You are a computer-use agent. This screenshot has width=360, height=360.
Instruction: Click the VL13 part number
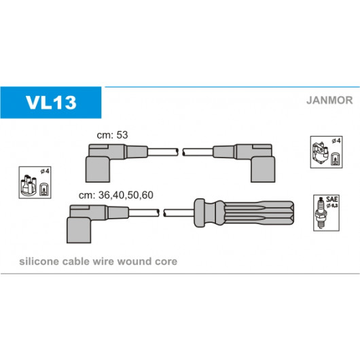pyautogui.click(x=51, y=102)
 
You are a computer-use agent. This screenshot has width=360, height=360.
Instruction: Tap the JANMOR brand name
pyautogui.click(x=329, y=101)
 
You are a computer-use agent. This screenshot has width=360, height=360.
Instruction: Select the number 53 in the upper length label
pyautogui.click(x=122, y=135)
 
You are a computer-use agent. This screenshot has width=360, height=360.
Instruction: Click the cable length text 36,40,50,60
pyautogui.click(x=126, y=195)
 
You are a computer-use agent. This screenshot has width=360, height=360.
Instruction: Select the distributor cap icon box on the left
pyautogui.click(x=35, y=183)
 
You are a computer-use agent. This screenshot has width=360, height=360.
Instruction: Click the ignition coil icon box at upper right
pyautogui.click(x=326, y=152)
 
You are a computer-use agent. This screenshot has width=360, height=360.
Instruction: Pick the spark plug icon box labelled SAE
pyautogui.click(x=326, y=213)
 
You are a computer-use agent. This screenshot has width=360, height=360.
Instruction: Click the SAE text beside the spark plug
pyautogui.click(x=331, y=200)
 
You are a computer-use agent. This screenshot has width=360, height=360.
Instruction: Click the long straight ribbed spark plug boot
pyautogui.click(x=244, y=213)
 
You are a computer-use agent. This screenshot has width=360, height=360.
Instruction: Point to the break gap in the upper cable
pyautogui.click(x=180, y=152)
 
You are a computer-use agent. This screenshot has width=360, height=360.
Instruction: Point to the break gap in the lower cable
pyautogui.click(x=161, y=213)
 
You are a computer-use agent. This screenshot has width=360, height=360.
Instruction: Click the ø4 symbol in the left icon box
pyautogui.click(x=45, y=171)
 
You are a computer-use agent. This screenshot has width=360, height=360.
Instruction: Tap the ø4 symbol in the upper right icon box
pyautogui.click(x=336, y=141)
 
